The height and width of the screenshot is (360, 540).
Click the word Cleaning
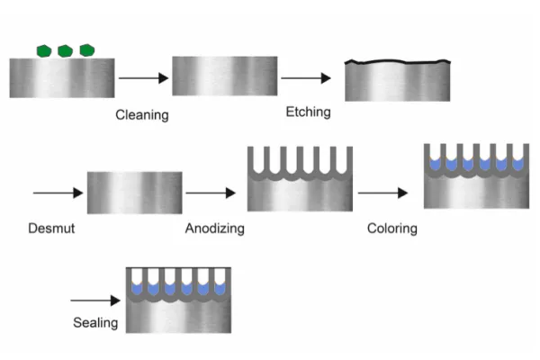(x=142, y=115)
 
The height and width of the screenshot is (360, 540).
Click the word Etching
(x=308, y=112)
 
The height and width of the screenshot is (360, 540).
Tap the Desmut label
(x=50, y=229)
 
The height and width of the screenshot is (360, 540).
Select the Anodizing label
(x=215, y=229)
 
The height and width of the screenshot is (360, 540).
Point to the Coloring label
(x=391, y=229)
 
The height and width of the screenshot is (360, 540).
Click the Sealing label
(x=94, y=322)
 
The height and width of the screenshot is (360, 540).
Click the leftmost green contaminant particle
(x=42, y=50)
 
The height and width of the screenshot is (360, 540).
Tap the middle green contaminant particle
(x=65, y=50)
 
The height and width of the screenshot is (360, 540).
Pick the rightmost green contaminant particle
(x=87, y=50)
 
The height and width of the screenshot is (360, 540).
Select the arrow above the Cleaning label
(x=143, y=79)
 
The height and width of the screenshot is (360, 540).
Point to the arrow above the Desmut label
(x=56, y=193)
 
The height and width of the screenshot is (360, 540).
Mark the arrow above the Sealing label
(x=94, y=300)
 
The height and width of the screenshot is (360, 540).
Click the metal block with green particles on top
(x=61, y=77)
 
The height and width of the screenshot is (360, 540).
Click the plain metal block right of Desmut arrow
(x=135, y=193)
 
